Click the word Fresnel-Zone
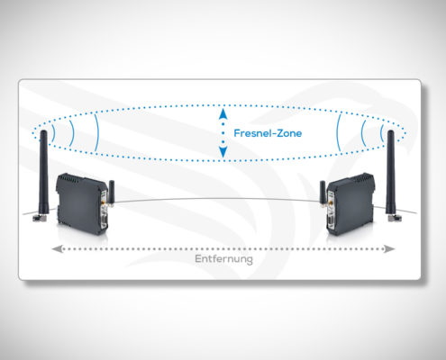tap(268, 133)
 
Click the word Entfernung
tap(223, 259)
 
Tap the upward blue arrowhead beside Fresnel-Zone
tap(223, 113)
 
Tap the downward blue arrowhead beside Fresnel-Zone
tap(223, 152)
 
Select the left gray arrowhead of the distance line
tap(58, 248)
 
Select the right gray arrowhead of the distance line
tap(389, 248)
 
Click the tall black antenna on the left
tap(44, 173)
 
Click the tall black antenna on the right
tap(390, 173)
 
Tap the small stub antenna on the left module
tap(112, 192)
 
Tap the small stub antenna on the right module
tap(323, 193)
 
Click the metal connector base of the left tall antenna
tap(39, 217)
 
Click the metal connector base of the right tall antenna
tap(394, 217)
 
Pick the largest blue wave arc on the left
tap(96, 132)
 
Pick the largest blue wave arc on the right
tap(338, 132)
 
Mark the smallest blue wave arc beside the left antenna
tap(54, 132)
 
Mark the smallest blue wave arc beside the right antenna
tap(381, 132)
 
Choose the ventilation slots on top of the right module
tap(364, 177)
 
